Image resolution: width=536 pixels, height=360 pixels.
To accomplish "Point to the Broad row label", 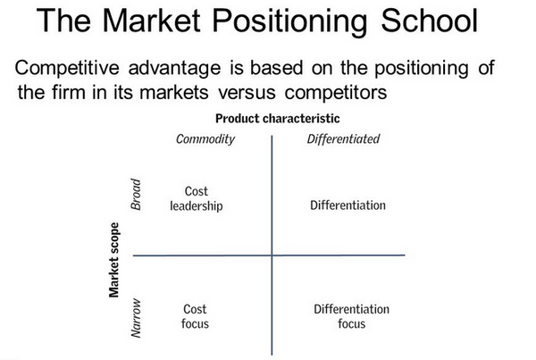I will tap(138, 193).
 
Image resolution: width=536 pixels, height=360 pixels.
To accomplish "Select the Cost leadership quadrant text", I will tap(196, 198).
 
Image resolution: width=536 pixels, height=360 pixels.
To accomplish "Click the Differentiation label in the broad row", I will tap(348, 205).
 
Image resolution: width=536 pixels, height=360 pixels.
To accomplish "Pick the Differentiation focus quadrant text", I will tap(351, 316).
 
